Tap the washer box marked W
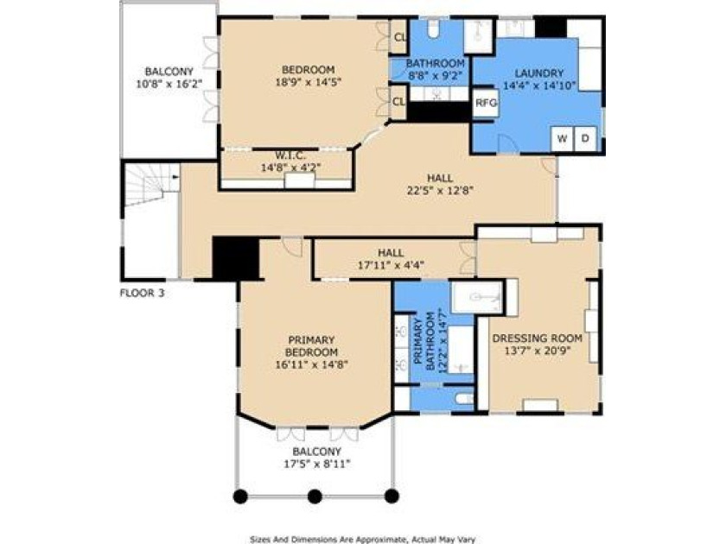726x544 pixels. (x=563, y=139)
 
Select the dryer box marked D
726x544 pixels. (x=585, y=139)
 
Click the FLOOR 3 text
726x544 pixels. (x=142, y=293)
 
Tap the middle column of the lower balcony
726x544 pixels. (x=315, y=497)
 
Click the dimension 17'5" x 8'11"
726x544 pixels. (x=315, y=464)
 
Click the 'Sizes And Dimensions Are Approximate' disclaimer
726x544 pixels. (x=362, y=537)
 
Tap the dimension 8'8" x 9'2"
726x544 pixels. (x=436, y=75)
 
